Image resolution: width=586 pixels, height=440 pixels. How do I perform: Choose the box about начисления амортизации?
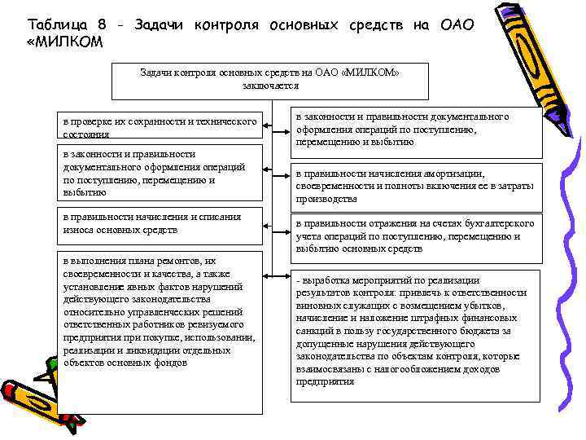tap(416, 186)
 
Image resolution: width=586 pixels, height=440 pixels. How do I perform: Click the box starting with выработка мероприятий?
tap(416, 334)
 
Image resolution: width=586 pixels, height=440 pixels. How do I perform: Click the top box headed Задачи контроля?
tap(269, 79)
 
